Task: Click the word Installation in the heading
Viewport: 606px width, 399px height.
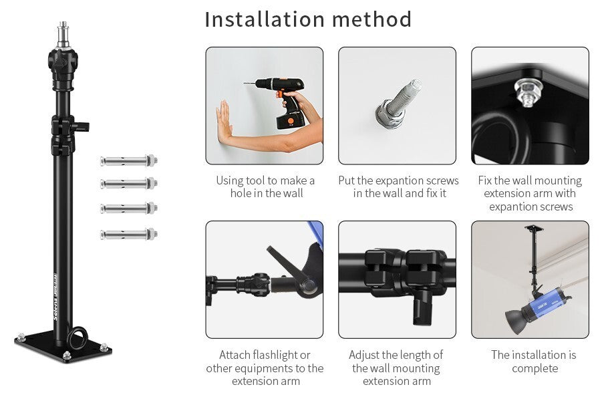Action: tap(265, 19)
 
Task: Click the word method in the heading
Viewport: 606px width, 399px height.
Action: tap(371, 19)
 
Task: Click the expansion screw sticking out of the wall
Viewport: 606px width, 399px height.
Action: tap(398, 104)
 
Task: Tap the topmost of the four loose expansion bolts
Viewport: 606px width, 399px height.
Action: tap(129, 160)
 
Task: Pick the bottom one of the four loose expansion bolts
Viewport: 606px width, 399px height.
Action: tap(129, 234)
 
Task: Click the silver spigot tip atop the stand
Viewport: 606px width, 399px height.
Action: tap(63, 35)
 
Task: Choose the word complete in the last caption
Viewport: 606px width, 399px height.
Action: tap(535, 368)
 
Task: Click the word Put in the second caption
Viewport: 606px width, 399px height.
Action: tap(346, 180)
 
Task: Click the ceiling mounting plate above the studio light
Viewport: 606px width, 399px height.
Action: tap(534, 228)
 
